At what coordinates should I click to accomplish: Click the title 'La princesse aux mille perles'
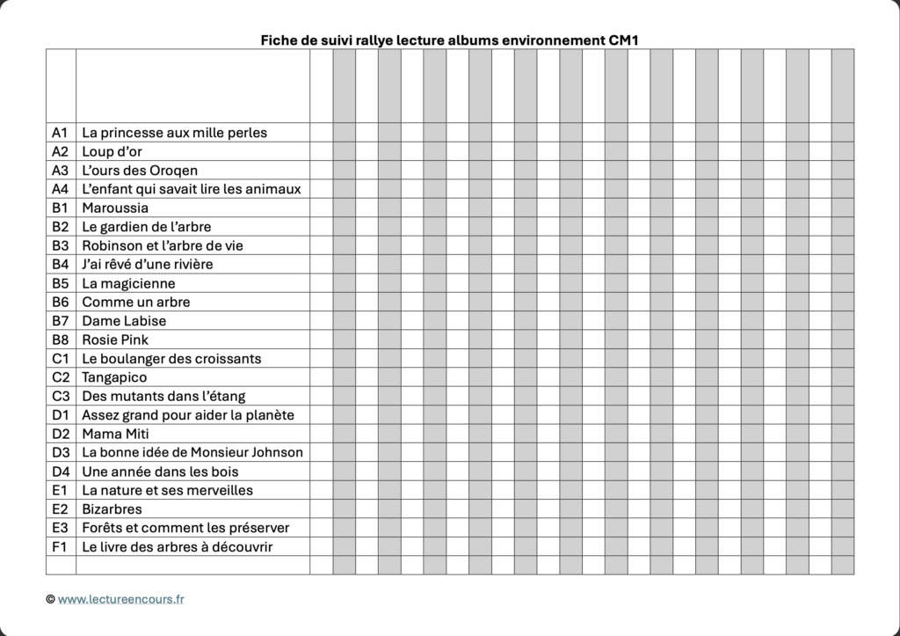pyautogui.click(x=174, y=133)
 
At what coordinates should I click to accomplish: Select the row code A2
pyautogui.click(x=60, y=151)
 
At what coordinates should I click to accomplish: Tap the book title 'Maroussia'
pyautogui.click(x=115, y=208)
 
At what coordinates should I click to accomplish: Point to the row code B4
pyautogui.click(x=60, y=264)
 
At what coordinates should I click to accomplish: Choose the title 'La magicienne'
pyautogui.click(x=128, y=283)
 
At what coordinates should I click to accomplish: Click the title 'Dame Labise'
pyautogui.click(x=124, y=321)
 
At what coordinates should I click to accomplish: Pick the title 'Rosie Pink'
pyautogui.click(x=115, y=340)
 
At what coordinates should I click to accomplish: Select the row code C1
pyautogui.click(x=60, y=359)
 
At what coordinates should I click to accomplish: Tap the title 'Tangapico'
pyautogui.click(x=114, y=377)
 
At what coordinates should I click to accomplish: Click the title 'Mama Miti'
pyautogui.click(x=112, y=434)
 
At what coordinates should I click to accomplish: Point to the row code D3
pyautogui.click(x=60, y=452)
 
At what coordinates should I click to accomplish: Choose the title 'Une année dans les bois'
pyautogui.click(x=160, y=472)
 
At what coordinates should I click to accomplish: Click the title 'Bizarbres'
pyautogui.click(x=112, y=509)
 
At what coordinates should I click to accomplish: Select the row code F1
pyautogui.click(x=60, y=546)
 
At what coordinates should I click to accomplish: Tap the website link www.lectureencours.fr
pyautogui.click(x=121, y=599)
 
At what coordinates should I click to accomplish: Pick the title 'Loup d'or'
pyautogui.click(x=112, y=151)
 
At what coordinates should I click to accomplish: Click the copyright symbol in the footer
pyautogui.click(x=50, y=599)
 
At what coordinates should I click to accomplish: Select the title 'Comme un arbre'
pyautogui.click(x=135, y=302)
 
